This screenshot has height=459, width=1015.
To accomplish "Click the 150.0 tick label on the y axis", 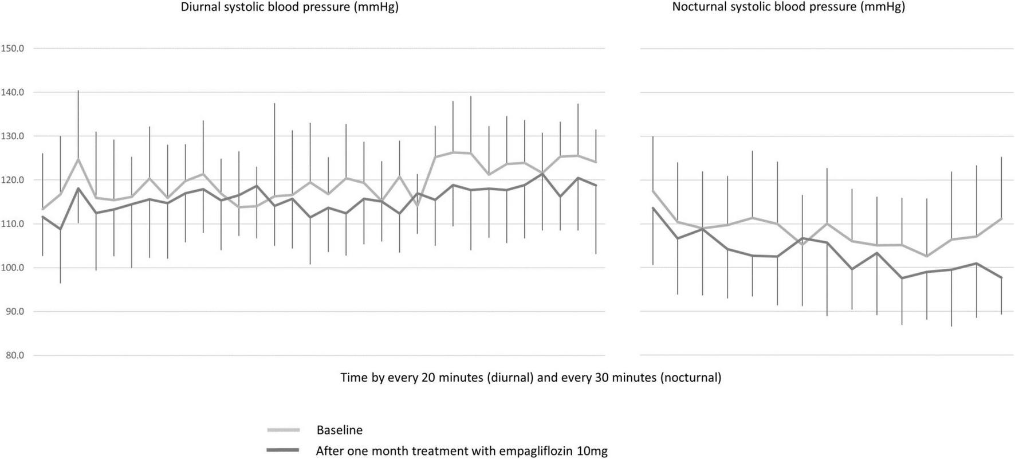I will click(12, 49).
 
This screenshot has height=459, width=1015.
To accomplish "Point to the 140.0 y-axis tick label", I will click(12, 92).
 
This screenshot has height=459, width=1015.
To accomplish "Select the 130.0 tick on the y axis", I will click(12, 136).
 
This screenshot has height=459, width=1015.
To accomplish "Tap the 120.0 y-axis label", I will click(12, 180).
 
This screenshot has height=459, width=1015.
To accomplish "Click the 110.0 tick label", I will click(12, 224).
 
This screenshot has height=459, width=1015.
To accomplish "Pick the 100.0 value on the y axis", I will click(12, 268).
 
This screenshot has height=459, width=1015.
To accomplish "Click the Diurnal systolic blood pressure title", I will click(289, 7).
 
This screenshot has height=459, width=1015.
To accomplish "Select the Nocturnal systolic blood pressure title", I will click(788, 7).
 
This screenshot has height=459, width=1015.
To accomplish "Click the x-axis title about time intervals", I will click(530, 378).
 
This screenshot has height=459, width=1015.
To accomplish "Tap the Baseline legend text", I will click(339, 430).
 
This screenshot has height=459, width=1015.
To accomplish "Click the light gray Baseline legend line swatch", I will click(283, 430).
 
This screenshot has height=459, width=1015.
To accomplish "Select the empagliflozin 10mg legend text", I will click(461, 451).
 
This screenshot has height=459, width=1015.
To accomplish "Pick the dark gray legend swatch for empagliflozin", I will click(283, 451).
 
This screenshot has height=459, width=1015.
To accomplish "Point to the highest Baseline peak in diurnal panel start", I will click(78, 159).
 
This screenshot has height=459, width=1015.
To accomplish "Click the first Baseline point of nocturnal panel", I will click(653, 191).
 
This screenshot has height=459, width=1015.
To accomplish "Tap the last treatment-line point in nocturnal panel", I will click(1001, 278).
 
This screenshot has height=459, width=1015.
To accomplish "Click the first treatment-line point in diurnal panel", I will click(42, 217).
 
